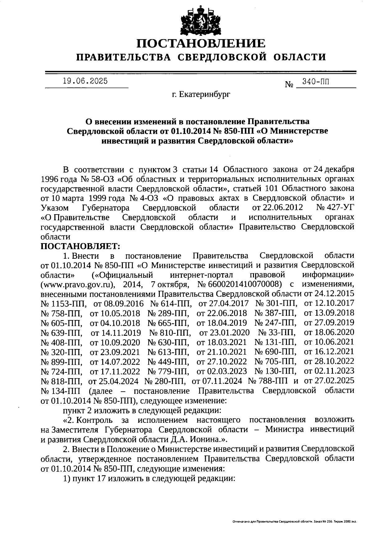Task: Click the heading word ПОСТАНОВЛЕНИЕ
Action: coord(201,43)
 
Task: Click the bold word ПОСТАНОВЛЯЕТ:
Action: coord(80,246)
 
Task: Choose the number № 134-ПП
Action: coord(60,390)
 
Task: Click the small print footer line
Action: coord(294,521)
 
